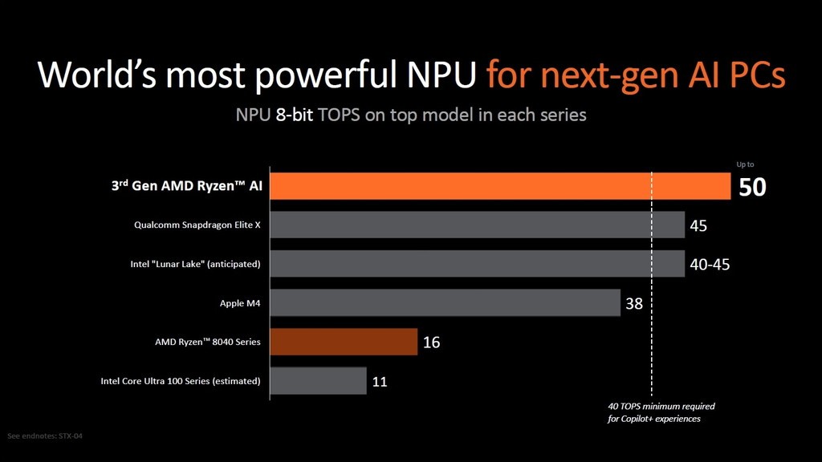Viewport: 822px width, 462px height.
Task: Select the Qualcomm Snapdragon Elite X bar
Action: click(x=477, y=225)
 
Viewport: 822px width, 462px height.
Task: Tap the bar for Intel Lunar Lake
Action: click(x=477, y=264)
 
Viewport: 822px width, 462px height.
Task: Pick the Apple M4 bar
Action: click(x=445, y=303)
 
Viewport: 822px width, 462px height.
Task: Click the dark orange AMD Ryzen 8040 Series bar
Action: click(x=344, y=342)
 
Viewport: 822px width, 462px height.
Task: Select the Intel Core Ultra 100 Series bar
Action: click(x=318, y=381)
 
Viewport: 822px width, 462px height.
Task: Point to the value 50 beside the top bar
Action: click(x=752, y=188)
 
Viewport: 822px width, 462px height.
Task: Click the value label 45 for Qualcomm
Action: click(x=698, y=226)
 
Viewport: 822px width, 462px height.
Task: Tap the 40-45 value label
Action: click(x=710, y=265)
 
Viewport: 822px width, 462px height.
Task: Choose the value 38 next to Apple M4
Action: click(x=634, y=304)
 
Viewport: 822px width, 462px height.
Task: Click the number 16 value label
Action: click(x=431, y=342)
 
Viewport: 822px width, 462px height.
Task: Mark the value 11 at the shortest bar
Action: click(x=380, y=382)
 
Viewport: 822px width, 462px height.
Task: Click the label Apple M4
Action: click(x=240, y=303)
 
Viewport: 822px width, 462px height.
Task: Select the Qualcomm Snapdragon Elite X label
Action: click(x=197, y=225)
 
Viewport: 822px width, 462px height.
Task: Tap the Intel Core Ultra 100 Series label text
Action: click(x=180, y=381)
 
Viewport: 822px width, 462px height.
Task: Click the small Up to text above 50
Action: click(x=745, y=164)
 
